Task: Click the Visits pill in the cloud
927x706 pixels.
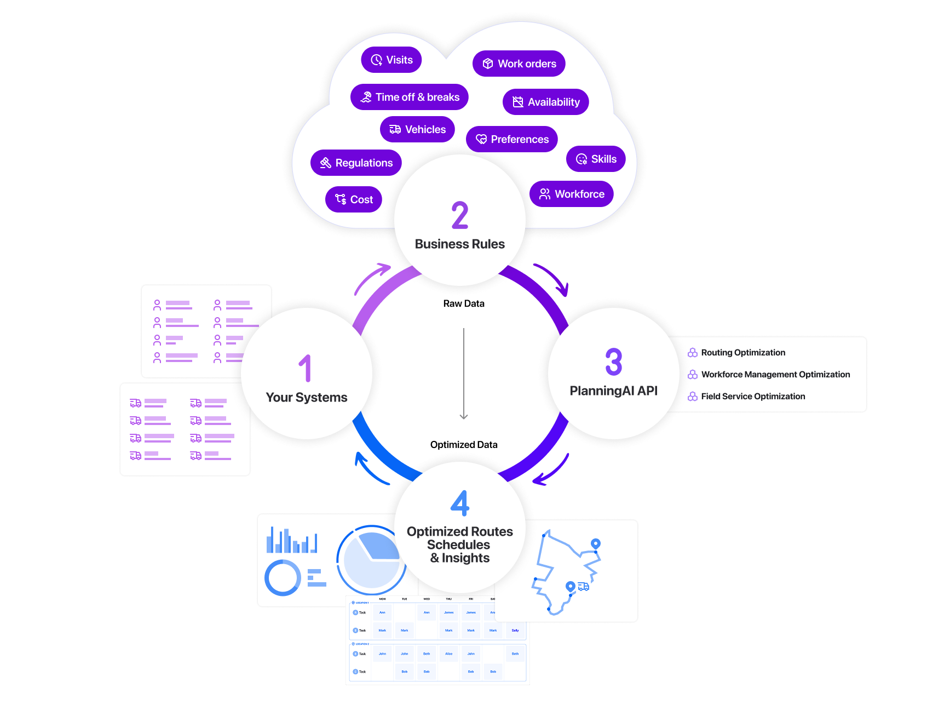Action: pyautogui.click(x=391, y=60)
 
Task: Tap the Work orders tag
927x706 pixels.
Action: pyautogui.click(x=519, y=64)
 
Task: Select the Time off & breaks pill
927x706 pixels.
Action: pyautogui.click(x=410, y=97)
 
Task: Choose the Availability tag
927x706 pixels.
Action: pyautogui.click(x=545, y=102)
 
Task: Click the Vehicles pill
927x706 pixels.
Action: pyautogui.click(x=417, y=129)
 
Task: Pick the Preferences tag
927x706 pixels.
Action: pyautogui.click(x=511, y=139)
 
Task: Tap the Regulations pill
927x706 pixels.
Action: pyautogui.click(x=356, y=163)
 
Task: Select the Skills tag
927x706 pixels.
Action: pyautogui.click(x=596, y=159)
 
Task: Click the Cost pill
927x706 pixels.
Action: pyautogui.click(x=353, y=199)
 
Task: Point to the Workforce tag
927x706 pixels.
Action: pyautogui.click(x=571, y=194)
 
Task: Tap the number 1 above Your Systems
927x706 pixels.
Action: pyautogui.click(x=306, y=368)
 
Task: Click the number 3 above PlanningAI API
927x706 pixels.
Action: pyautogui.click(x=614, y=362)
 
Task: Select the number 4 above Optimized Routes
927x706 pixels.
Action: pyautogui.click(x=460, y=503)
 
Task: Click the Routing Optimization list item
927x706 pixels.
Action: pyautogui.click(x=743, y=353)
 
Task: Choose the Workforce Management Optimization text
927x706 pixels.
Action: pyautogui.click(x=775, y=375)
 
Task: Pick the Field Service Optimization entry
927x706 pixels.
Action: pyautogui.click(x=753, y=397)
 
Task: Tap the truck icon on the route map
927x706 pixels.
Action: pyautogui.click(x=584, y=587)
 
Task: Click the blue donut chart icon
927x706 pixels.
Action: pyautogui.click(x=283, y=577)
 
